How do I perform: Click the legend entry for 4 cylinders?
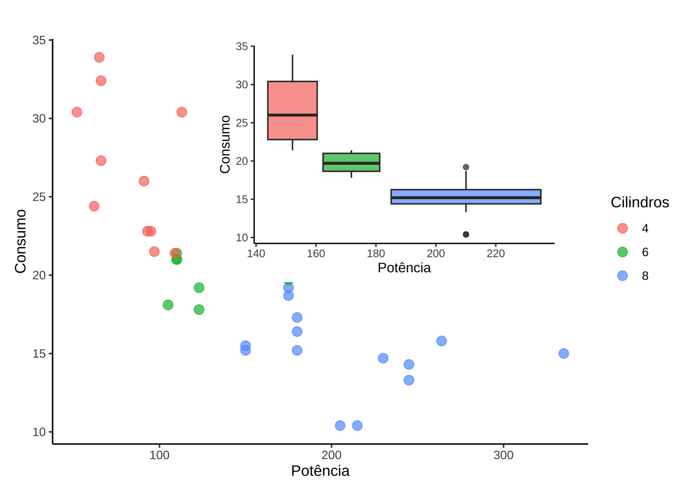click(x=622, y=228)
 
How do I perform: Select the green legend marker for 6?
click(x=622, y=252)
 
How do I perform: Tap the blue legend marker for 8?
click(x=622, y=276)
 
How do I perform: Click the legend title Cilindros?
click(x=639, y=202)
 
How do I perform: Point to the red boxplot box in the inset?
click(x=292, y=98)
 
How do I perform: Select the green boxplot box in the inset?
click(x=351, y=157)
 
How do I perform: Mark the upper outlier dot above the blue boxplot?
click(x=466, y=167)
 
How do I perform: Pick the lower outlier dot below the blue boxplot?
click(x=466, y=235)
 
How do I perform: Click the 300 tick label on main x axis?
click(x=503, y=455)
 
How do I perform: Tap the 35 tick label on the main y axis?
click(x=39, y=40)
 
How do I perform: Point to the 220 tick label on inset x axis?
click(x=495, y=254)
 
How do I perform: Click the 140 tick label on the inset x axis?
click(x=256, y=254)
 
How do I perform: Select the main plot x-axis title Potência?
click(x=320, y=471)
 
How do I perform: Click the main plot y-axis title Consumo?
click(x=21, y=241)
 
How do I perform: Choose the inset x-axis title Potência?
click(x=404, y=268)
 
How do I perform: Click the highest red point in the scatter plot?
click(x=99, y=57)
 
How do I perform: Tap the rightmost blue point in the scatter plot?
click(x=564, y=354)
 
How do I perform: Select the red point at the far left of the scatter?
click(x=77, y=112)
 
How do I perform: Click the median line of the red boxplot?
click(x=292, y=115)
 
